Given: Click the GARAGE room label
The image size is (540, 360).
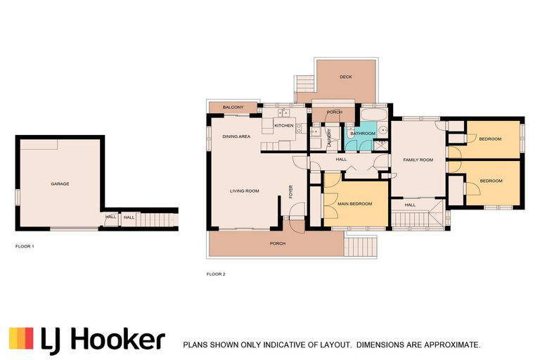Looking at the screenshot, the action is [x=60, y=184].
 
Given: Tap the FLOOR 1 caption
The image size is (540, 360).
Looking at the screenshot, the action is [x=25, y=246].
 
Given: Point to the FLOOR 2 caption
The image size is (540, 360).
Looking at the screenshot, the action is [x=216, y=274].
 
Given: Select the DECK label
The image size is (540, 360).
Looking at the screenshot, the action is [x=346, y=77].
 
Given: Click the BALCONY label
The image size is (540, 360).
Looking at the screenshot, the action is [x=233, y=108].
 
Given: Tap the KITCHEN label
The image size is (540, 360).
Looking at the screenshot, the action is [x=284, y=126].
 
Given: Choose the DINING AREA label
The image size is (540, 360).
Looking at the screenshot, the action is [x=236, y=137].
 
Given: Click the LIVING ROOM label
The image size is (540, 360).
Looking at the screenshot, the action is [x=245, y=191].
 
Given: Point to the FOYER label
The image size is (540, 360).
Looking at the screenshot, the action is [x=290, y=192].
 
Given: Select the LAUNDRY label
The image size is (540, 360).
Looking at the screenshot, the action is [x=329, y=138].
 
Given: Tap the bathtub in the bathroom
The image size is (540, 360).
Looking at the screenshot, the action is [x=374, y=115].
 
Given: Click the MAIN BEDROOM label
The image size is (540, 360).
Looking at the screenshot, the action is [x=354, y=204].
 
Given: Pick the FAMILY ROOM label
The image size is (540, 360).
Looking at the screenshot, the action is [x=418, y=160].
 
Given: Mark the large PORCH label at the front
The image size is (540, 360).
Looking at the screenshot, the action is [x=278, y=243].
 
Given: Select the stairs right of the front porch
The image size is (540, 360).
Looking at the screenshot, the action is [x=361, y=246].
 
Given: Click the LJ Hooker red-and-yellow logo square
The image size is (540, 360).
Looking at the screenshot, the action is [x=21, y=338].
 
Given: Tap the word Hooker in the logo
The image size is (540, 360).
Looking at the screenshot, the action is [x=120, y=340].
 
